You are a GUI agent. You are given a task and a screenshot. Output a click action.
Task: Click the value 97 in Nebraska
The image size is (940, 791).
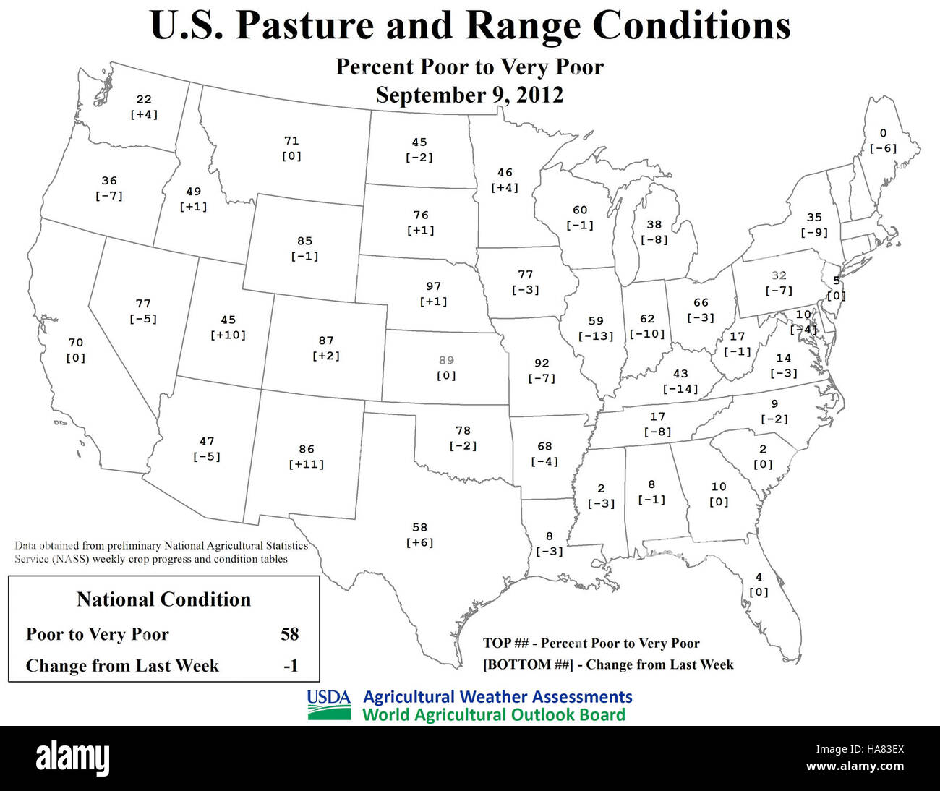tap(433, 286)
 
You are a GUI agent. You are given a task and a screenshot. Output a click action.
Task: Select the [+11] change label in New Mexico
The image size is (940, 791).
tap(307, 464)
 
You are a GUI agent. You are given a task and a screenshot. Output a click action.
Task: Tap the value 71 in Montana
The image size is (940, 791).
tap(291, 141)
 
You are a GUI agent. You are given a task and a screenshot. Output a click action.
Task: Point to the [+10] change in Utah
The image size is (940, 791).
tap(228, 335)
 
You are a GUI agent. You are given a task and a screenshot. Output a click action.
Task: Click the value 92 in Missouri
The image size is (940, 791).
tap(542, 363)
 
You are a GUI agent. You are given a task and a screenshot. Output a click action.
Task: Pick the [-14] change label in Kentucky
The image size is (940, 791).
tap(680, 389)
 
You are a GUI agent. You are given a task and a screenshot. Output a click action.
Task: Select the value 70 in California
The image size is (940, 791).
tap(76, 343)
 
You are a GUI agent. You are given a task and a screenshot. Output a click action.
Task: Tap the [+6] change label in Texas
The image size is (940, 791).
tap(420, 543)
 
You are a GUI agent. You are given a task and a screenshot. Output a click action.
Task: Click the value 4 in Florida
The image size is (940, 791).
tap(759, 577)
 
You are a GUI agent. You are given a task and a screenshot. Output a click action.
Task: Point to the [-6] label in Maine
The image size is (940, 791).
tap(883, 148)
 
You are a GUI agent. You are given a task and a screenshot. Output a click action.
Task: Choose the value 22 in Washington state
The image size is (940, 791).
tap(144, 99)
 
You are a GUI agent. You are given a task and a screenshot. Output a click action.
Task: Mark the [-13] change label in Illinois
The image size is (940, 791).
tap(596, 336)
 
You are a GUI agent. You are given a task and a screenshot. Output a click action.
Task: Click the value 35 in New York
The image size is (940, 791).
tap(814, 217)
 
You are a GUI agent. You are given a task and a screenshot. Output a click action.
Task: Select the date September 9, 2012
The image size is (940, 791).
tap(469, 95)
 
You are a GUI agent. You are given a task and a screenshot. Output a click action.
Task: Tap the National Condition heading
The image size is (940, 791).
tap(163, 599)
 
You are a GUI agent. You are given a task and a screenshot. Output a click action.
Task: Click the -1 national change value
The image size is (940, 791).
tap(290, 665)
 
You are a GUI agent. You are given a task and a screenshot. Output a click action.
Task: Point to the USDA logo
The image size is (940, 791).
tap(329, 706)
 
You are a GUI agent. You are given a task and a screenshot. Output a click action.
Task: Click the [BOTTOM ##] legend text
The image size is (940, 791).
tap(527, 664)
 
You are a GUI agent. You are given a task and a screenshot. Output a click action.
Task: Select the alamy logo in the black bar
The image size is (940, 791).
tap(72, 758)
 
